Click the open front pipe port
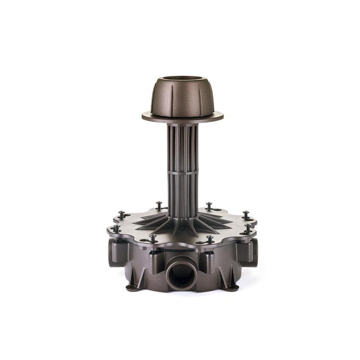click(x=181, y=273)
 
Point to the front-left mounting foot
click(x=132, y=287)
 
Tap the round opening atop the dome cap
click(x=182, y=79)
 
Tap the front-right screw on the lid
click(x=210, y=238)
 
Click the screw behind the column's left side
click(x=159, y=205)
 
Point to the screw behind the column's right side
click(x=209, y=205)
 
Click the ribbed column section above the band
click(x=182, y=144)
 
